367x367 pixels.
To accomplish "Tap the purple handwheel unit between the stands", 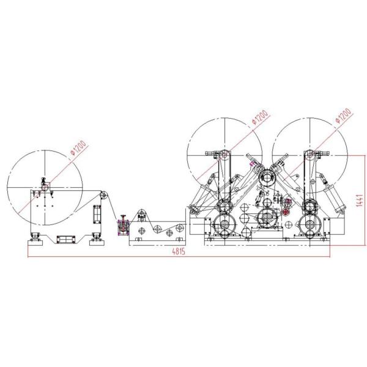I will tap(122, 225).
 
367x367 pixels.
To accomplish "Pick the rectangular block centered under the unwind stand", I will tap(64, 237).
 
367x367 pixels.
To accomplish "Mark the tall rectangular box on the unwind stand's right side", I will tap(96, 215).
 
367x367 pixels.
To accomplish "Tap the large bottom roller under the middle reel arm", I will tap(224, 225).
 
